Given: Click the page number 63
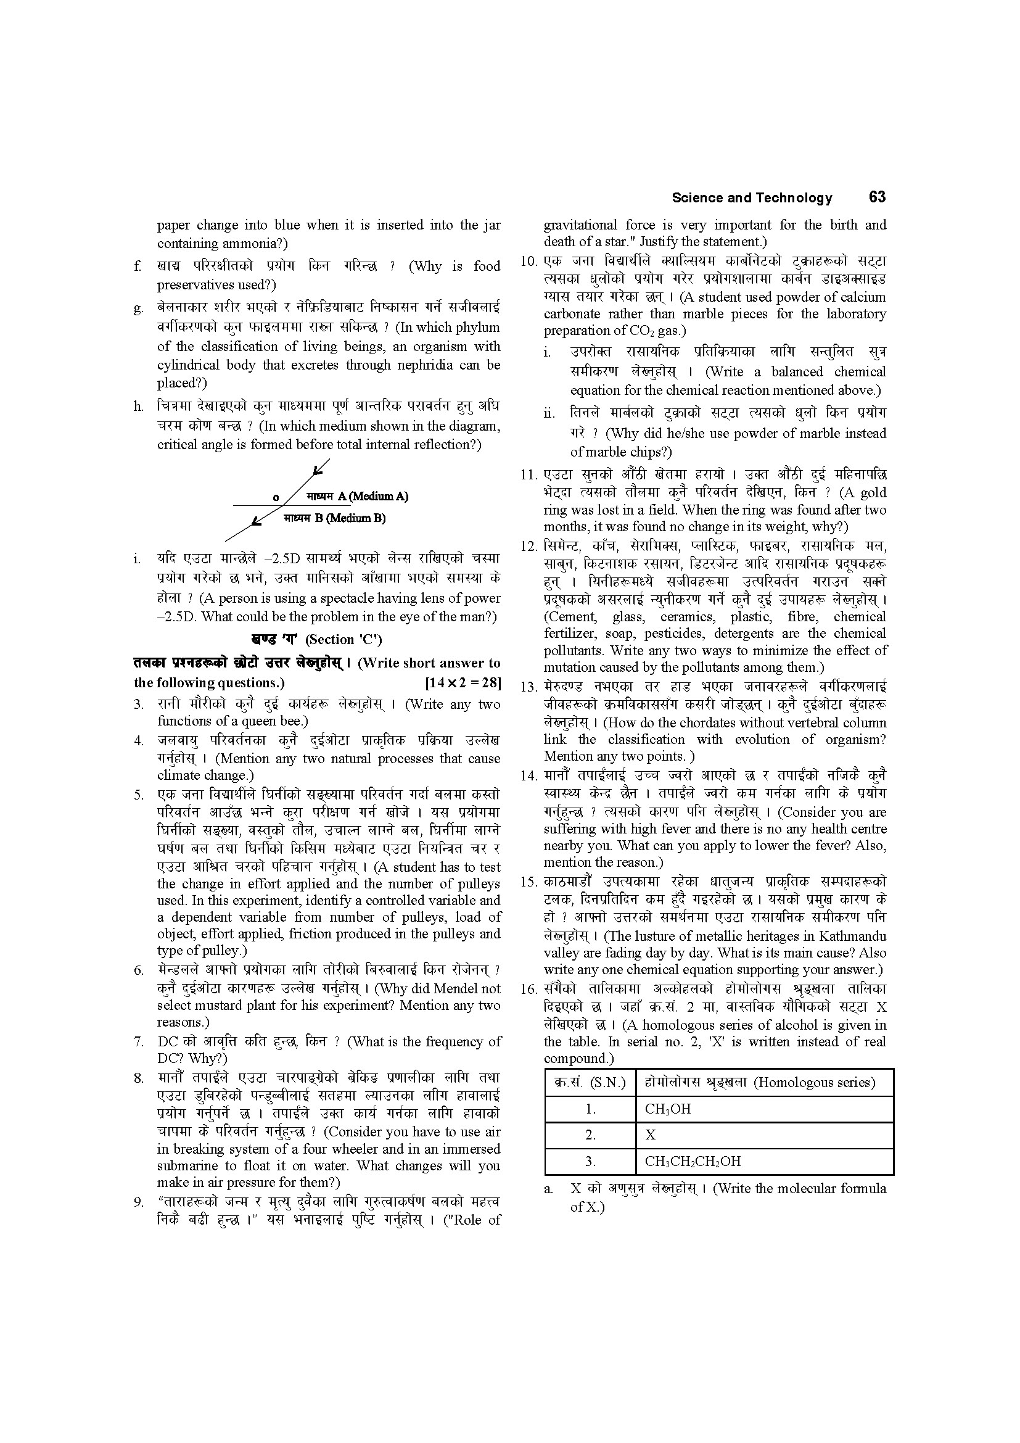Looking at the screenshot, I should click(877, 197).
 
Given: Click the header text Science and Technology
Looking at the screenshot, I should click(752, 198).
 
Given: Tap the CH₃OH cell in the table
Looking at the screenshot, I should click(668, 1109).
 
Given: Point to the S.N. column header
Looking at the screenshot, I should click(590, 1082).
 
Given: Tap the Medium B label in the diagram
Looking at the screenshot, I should click(334, 518).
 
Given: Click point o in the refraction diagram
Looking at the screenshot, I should click(276, 497).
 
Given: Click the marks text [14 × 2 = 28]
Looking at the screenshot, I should click(463, 682).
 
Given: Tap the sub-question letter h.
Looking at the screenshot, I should click(138, 407).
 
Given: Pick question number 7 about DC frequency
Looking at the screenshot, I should click(139, 1042).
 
